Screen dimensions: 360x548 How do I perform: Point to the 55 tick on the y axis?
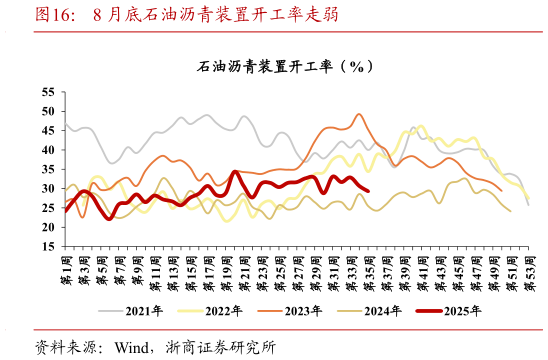coord(48,92)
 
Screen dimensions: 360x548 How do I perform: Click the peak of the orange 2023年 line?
coord(359,114)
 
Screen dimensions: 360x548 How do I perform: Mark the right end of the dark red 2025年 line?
coord(368,191)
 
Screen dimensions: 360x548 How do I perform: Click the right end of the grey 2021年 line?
coord(527,203)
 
